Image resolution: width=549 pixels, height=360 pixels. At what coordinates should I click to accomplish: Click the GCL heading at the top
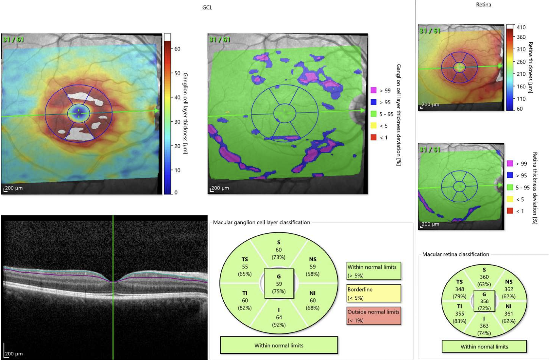pyautogui.click(x=207, y=7)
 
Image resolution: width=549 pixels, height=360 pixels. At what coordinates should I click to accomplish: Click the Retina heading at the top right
pyautogui.click(x=483, y=5)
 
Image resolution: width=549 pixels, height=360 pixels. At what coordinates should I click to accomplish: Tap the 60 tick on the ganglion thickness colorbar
pyautogui.click(x=177, y=49)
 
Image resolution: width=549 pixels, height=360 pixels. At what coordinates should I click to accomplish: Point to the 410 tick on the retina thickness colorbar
pyautogui.click(x=521, y=27)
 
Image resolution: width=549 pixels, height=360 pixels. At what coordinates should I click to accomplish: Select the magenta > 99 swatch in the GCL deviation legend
pyautogui.click(x=373, y=90)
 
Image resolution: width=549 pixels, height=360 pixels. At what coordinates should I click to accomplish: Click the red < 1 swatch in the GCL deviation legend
pyautogui.click(x=373, y=137)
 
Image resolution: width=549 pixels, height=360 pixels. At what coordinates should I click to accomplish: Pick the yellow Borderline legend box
pyautogui.click(x=374, y=293)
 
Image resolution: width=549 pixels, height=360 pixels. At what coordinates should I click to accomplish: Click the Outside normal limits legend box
pyautogui.click(x=374, y=316)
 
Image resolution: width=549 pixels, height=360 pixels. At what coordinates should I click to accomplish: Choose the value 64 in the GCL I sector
pyautogui.click(x=278, y=317)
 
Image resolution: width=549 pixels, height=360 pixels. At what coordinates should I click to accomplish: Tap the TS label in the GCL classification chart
pyautogui.click(x=245, y=259)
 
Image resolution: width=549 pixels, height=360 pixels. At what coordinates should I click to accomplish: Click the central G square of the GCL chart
pyautogui.click(x=279, y=284)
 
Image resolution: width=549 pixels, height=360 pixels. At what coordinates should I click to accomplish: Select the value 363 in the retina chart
pyautogui.click(x=484, y=326)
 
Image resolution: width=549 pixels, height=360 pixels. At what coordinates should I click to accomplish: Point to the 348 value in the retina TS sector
pyautogui.click(x=459, y=289)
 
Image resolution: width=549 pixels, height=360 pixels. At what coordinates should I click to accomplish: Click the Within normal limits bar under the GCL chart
pyautogui.click(x=279, y=345)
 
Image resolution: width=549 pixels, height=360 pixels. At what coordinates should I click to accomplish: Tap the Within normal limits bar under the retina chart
pyautogui.click(x=484, y=347)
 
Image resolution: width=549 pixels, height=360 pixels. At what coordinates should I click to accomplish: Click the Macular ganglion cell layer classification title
pyautogui.click(x=261, y=222)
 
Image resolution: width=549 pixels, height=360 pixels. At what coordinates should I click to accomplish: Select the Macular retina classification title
pyautogui.click(x=456, y=254)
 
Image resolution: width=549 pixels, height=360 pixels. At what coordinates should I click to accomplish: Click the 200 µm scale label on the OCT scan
pyautogui.click(x=14, y=354)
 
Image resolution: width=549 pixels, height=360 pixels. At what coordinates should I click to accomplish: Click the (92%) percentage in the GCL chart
pyautogui.click(x=278, y=325)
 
